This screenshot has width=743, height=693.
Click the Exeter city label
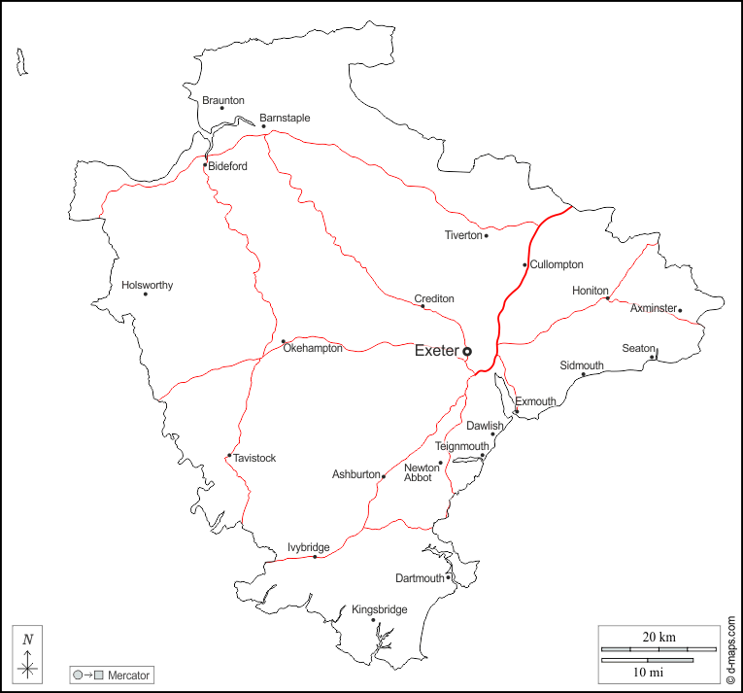click(436, 351)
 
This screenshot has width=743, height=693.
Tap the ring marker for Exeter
click(467, 351)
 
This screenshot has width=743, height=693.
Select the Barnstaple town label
click(285, 118)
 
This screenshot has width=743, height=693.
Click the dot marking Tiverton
click(487, 235)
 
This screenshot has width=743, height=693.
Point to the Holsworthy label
click(148, 285)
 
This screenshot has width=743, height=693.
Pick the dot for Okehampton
click(284, 341)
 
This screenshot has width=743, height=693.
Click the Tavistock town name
click(255, 458)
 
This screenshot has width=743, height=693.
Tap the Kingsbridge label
click(380, 609)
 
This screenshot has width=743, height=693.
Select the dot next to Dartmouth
click(448, 578)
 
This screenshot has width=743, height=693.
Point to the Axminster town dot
click(680, 311)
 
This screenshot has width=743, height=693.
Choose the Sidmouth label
click(582, 365)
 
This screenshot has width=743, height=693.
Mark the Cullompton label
click(557, 264)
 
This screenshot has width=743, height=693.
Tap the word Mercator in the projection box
click(129, 675)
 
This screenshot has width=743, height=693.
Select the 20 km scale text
click(659, 637)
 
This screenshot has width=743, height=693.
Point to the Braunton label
click(223, 100)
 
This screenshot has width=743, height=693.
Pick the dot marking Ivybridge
click(315, 557)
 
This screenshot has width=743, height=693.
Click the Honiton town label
click(590, 291)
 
